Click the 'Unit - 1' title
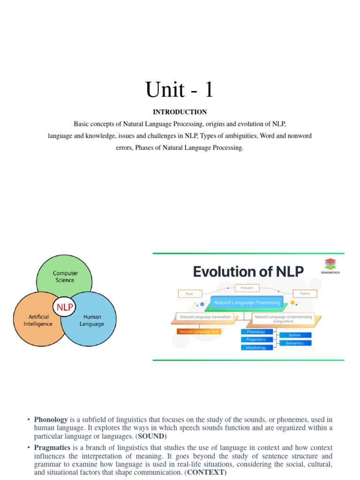pyautogui.click(x=180, y=89)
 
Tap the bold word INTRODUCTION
pyautogui.click(x=180, y=112)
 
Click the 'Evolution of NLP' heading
pyautogui.click(x=248, y=271)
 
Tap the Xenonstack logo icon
pyautogui.click(x=330, y=263)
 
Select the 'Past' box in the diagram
pyautogui.click(x=189, y=294)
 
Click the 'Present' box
pyautogui.click(x=247, y=287)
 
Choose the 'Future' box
pyautogui.click(x=305, y=293)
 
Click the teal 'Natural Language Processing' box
pyautogui.click(x=247, y=303)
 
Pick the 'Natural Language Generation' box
pyautogui.click(x=205, y=317)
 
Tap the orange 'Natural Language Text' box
pyautogui.click(x=199, y=331)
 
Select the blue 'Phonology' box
pyautogui.click(x=256, y=332)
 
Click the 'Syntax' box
pyautogui.click(x=294, y=335)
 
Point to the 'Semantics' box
pyautogui.click(x=294, y=343)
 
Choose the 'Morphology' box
pyautogui.click(x=256, y=348)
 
